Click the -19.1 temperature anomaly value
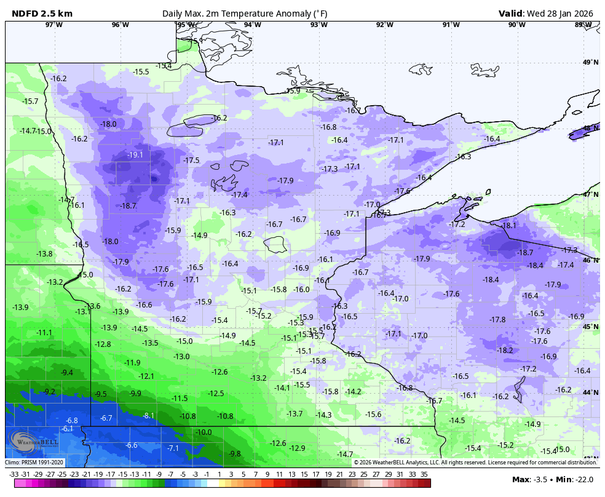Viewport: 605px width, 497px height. [135, 155]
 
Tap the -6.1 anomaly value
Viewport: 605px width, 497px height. [68, 429]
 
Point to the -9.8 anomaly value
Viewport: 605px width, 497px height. [235, 454]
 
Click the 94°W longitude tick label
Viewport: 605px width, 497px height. [252, 25]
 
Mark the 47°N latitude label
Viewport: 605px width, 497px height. [591, 194]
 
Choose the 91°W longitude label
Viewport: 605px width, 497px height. [451, 25]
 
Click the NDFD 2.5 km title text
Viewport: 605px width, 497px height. [38, 14]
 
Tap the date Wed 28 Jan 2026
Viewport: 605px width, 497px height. [563, 14]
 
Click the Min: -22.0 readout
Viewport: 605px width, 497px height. [577, 479]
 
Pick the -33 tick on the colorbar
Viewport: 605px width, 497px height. [14, 474]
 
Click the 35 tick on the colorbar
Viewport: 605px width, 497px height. [424, 474]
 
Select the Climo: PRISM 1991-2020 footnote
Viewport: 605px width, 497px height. [34, 462]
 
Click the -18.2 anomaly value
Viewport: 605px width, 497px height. [505, 350]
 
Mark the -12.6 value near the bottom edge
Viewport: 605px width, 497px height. [279, 443]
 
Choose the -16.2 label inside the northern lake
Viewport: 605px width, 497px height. [219, 117]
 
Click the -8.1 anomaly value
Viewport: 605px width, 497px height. [149, 416]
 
